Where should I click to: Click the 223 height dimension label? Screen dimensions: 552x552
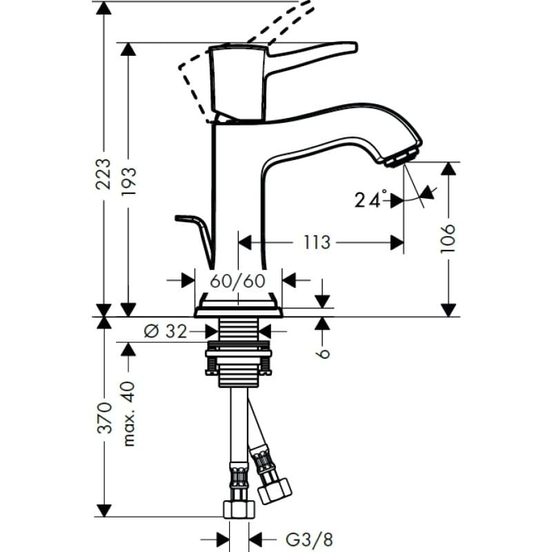(103, 175)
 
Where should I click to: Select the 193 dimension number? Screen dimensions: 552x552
(128, 182)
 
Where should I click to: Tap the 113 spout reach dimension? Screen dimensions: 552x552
(317, 242)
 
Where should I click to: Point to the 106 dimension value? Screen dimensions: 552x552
(448, 238)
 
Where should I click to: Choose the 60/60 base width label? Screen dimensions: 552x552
(237, 281)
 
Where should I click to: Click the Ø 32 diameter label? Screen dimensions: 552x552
(166, 331)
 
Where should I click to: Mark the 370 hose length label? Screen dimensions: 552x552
(104, 417)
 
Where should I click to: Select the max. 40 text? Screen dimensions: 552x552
(129, 414)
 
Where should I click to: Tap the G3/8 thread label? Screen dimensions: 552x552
(309, 540)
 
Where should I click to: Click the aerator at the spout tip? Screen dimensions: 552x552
(402, 157)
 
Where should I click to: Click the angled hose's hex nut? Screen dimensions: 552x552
(275, 490)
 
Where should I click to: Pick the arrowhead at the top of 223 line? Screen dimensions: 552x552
(103, 8)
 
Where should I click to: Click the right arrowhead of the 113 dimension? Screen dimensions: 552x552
(397, 243)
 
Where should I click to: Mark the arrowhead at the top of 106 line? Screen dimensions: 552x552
(448, 168)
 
